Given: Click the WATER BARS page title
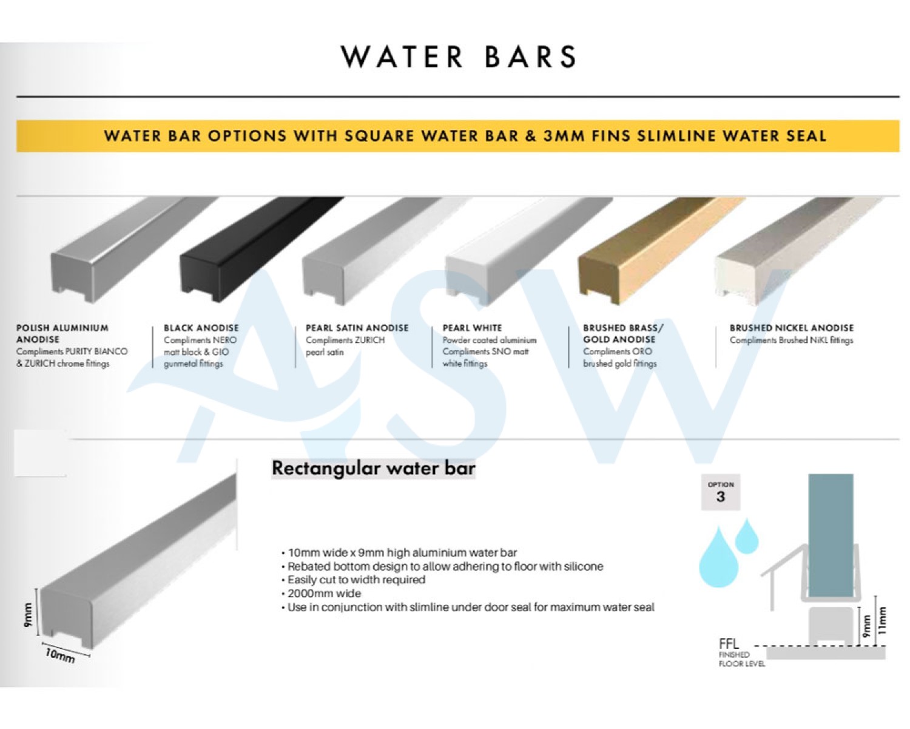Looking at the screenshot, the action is point(459,56).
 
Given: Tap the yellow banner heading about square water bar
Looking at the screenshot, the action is point(465,136).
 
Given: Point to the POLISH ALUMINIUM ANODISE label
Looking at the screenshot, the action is point(62,333).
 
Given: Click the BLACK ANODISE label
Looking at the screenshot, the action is point(201,328).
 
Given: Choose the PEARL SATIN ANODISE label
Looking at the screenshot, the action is point(357,328).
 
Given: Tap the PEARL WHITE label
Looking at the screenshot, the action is point(472,328).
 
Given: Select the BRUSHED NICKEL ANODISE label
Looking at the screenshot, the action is point(791,328).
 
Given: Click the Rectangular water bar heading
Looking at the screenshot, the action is point(373,469).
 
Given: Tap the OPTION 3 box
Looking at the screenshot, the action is point(721,492).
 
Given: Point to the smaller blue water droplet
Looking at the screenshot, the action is point(747,537).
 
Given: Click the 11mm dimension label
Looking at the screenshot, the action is point(882,621).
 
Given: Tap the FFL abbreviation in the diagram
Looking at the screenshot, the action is point(729,644).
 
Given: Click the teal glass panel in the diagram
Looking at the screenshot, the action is point(831,535).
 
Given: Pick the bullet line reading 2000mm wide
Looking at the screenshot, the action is point(322,593).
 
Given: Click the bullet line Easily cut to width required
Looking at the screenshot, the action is point(354,580).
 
